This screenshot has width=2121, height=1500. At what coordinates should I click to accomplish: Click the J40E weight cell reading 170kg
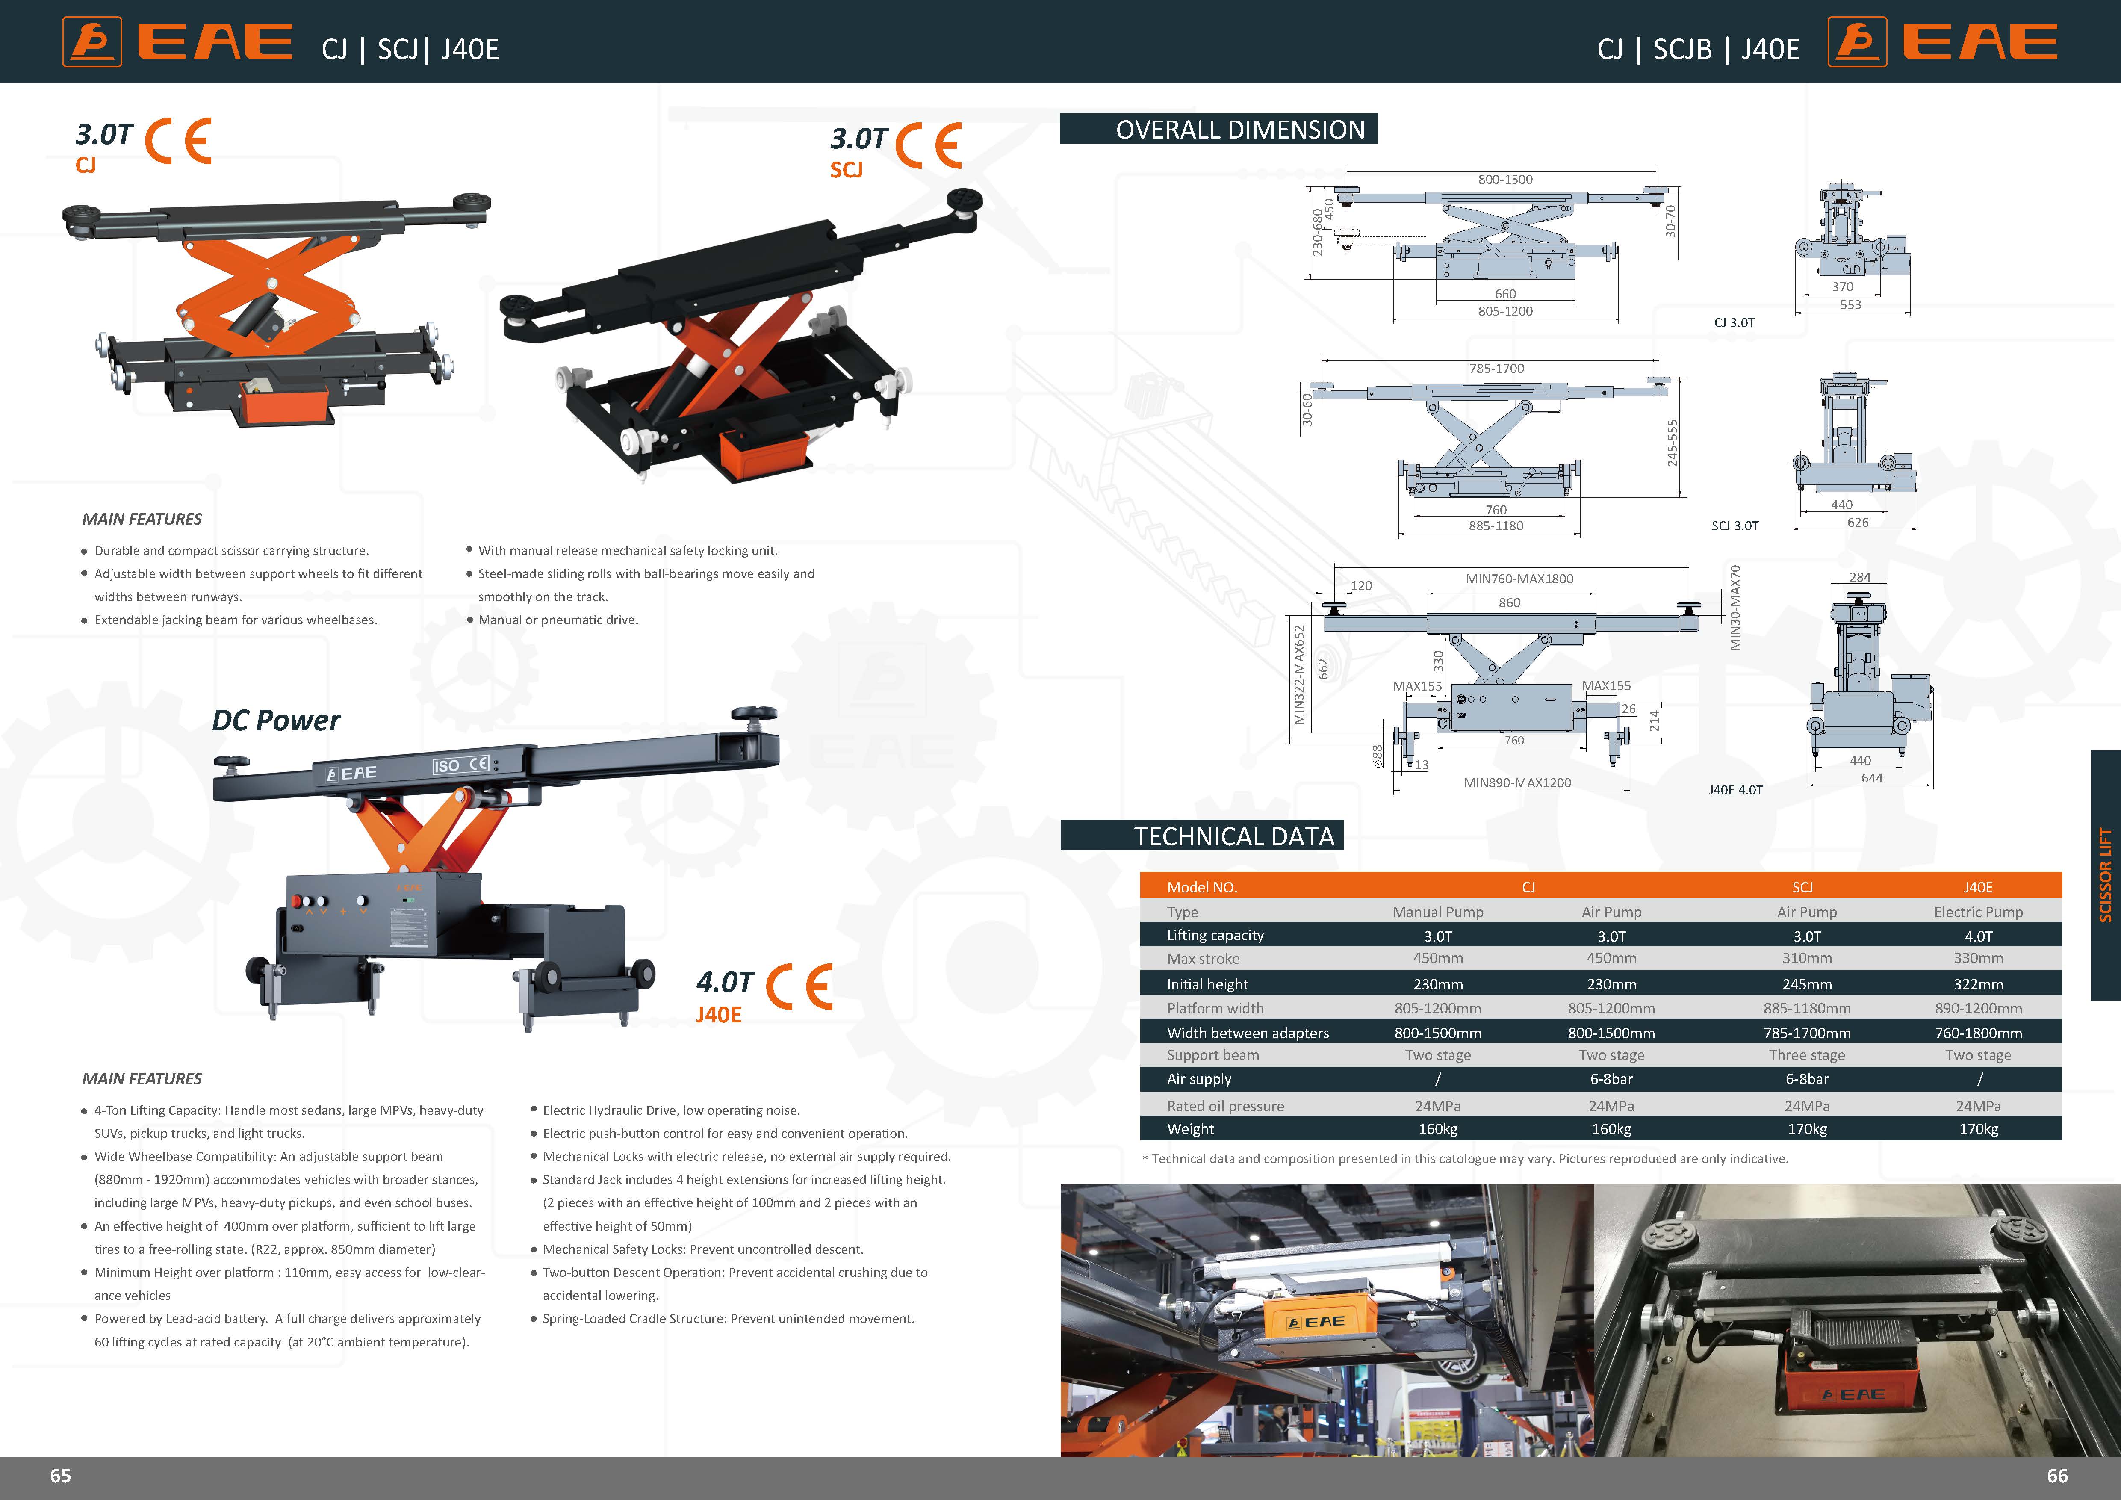(1978, 1129)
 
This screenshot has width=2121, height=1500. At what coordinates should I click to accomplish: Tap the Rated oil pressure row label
(1225, 1106)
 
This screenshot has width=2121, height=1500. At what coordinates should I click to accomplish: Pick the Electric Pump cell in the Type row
(1978, 912)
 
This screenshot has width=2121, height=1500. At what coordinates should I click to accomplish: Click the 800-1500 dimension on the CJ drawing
(1505, 179)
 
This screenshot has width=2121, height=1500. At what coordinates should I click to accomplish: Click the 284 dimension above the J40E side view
(1860, 577)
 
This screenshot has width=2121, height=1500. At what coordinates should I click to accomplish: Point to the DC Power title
(276, 720)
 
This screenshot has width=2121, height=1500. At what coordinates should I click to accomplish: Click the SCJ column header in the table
(1802, 887)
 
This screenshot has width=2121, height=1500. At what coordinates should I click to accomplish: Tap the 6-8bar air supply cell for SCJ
(1806, 1079)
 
